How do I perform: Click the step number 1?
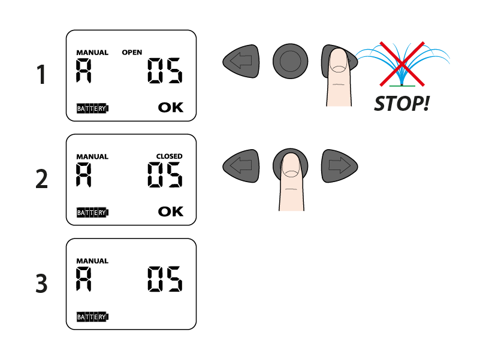[41, 75]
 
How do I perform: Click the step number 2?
[41, 179]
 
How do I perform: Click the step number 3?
[41, 283]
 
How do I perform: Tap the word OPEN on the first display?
[132, 53]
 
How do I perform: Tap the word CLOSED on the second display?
[170, 156]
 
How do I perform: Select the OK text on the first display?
[171, 108]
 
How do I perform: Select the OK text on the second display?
[171, 211]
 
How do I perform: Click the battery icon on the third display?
[92, 316]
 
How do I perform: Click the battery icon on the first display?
[92, 108]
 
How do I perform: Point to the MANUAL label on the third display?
[92, 261]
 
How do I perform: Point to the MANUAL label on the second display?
[92, 157]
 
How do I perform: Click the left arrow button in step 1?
[241, 61]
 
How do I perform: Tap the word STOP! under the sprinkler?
[401, 104]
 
